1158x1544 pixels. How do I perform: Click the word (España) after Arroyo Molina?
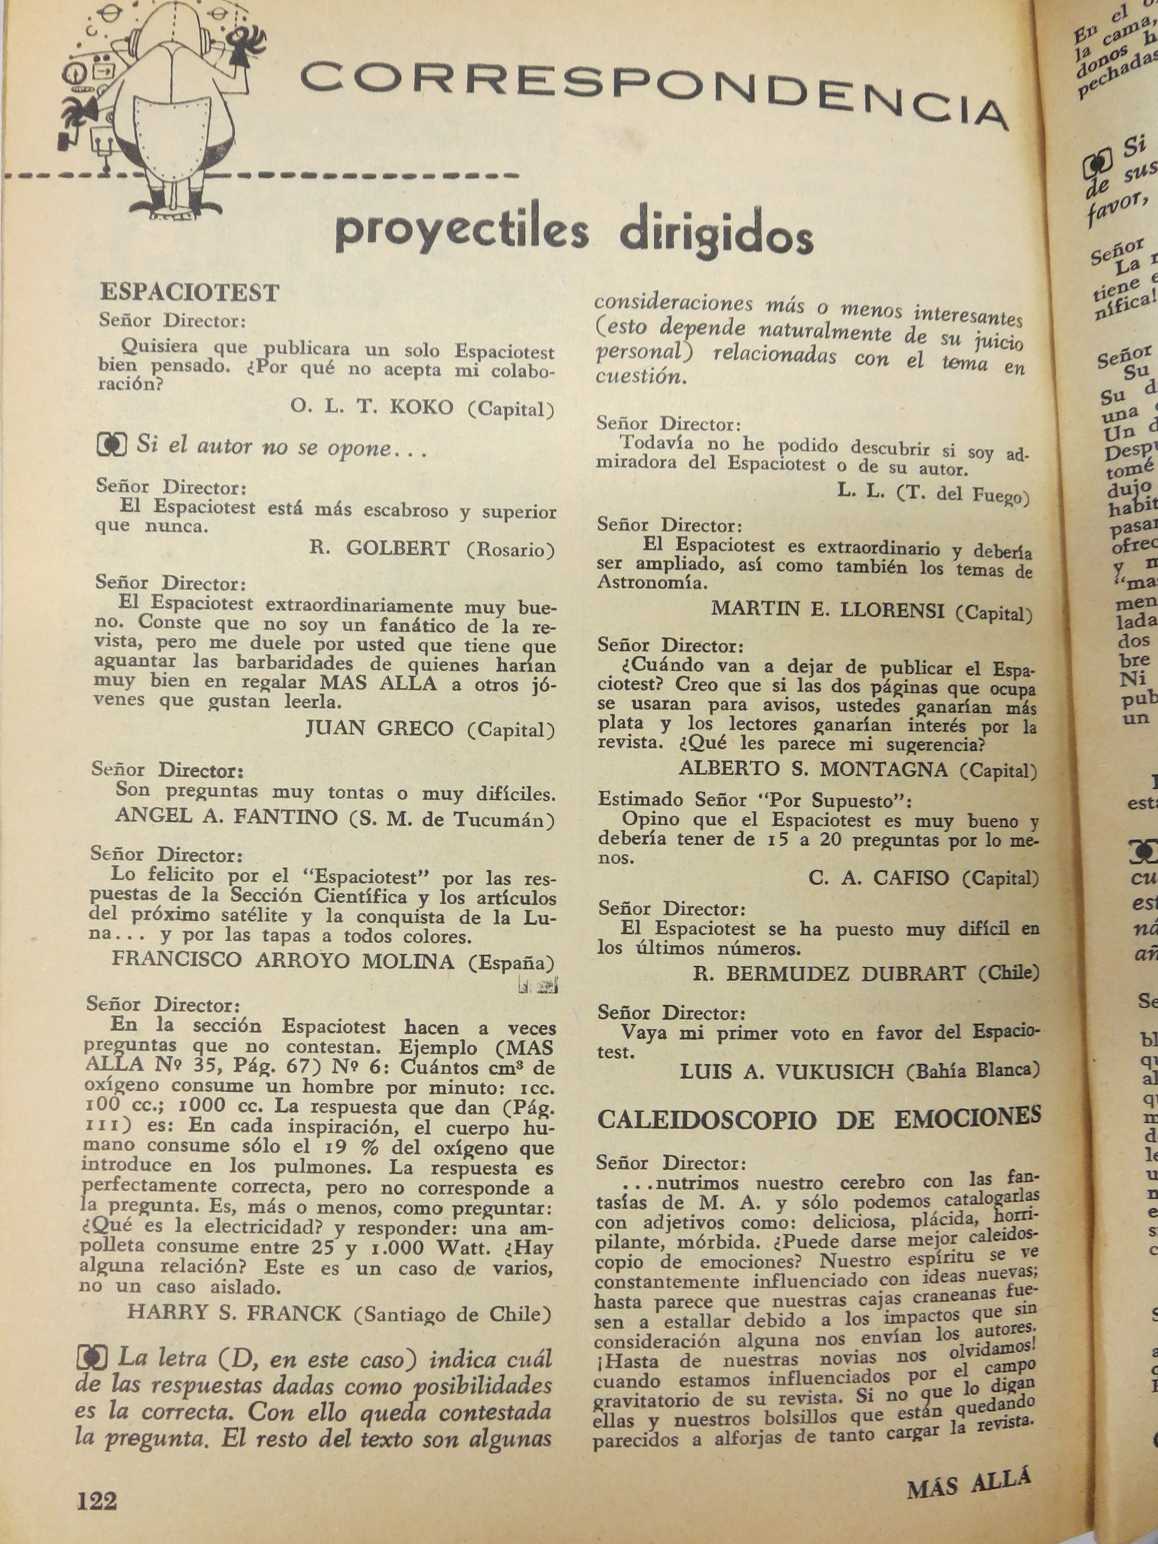(511, 963)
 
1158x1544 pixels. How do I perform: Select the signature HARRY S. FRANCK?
(235, 1313)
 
